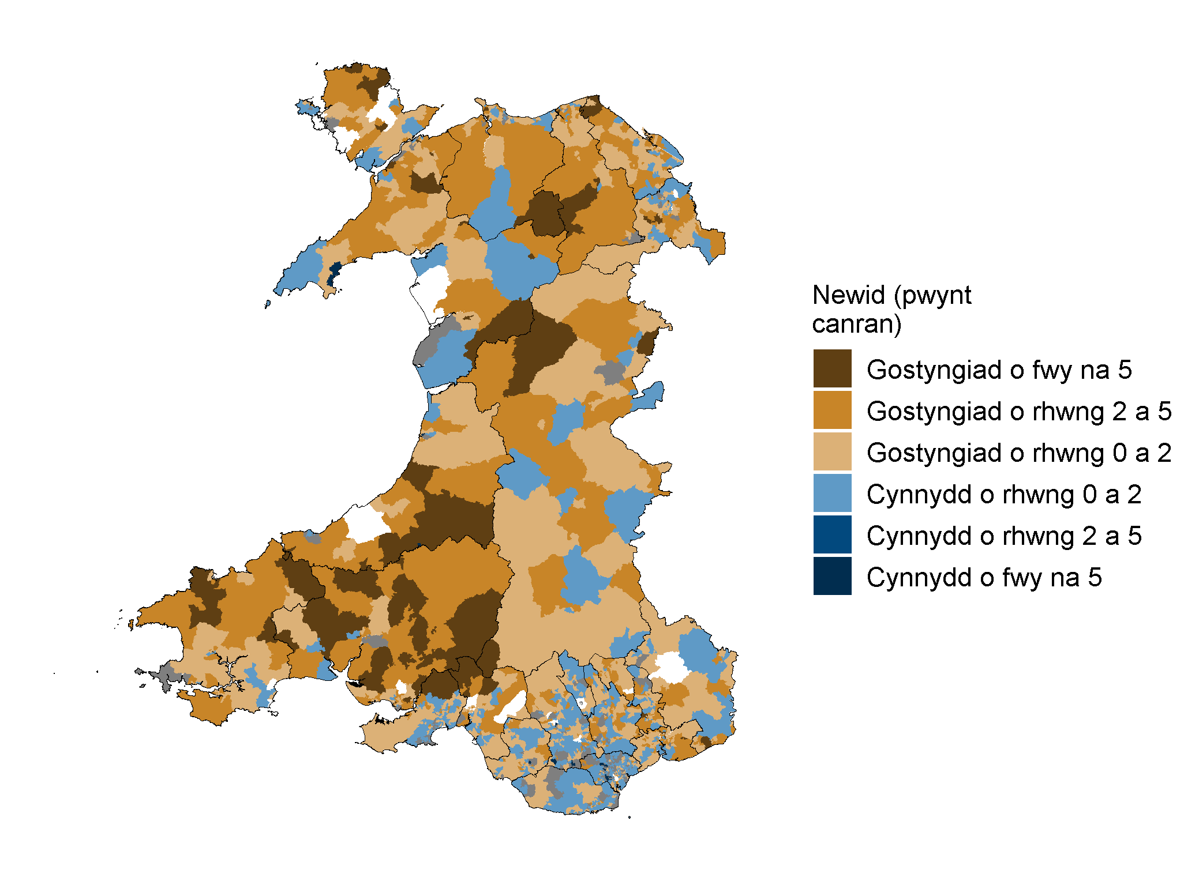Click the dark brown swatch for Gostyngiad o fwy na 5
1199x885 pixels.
[832, 368]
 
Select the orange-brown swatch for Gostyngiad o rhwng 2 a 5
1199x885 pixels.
[832, 409]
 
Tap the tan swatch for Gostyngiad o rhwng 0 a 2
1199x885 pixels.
[832, 451]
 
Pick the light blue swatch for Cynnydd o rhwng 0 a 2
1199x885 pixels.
[832, 493]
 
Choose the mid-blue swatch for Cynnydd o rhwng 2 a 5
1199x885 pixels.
[832, 534]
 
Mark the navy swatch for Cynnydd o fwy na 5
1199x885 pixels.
[832, 575]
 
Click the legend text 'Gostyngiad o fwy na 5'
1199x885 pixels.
[999, 370]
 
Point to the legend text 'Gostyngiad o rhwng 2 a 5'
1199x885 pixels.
[1018, 411]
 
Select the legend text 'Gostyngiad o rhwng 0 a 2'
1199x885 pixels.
[1018, 453]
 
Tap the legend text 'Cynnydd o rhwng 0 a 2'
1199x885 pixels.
[1003, 494]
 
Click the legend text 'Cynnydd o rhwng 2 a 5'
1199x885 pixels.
[1003, 536]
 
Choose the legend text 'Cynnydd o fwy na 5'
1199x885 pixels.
[984, 577]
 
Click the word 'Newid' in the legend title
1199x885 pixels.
[848, 295]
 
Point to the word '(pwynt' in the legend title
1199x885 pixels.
[932, 296]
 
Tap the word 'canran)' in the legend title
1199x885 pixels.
[856, 324]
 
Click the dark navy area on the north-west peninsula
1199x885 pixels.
[333, 273]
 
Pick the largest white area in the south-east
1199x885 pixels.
[670, 668]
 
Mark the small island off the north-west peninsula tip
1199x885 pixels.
[268, 304]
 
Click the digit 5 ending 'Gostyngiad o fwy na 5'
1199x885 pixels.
[1125, 370]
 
